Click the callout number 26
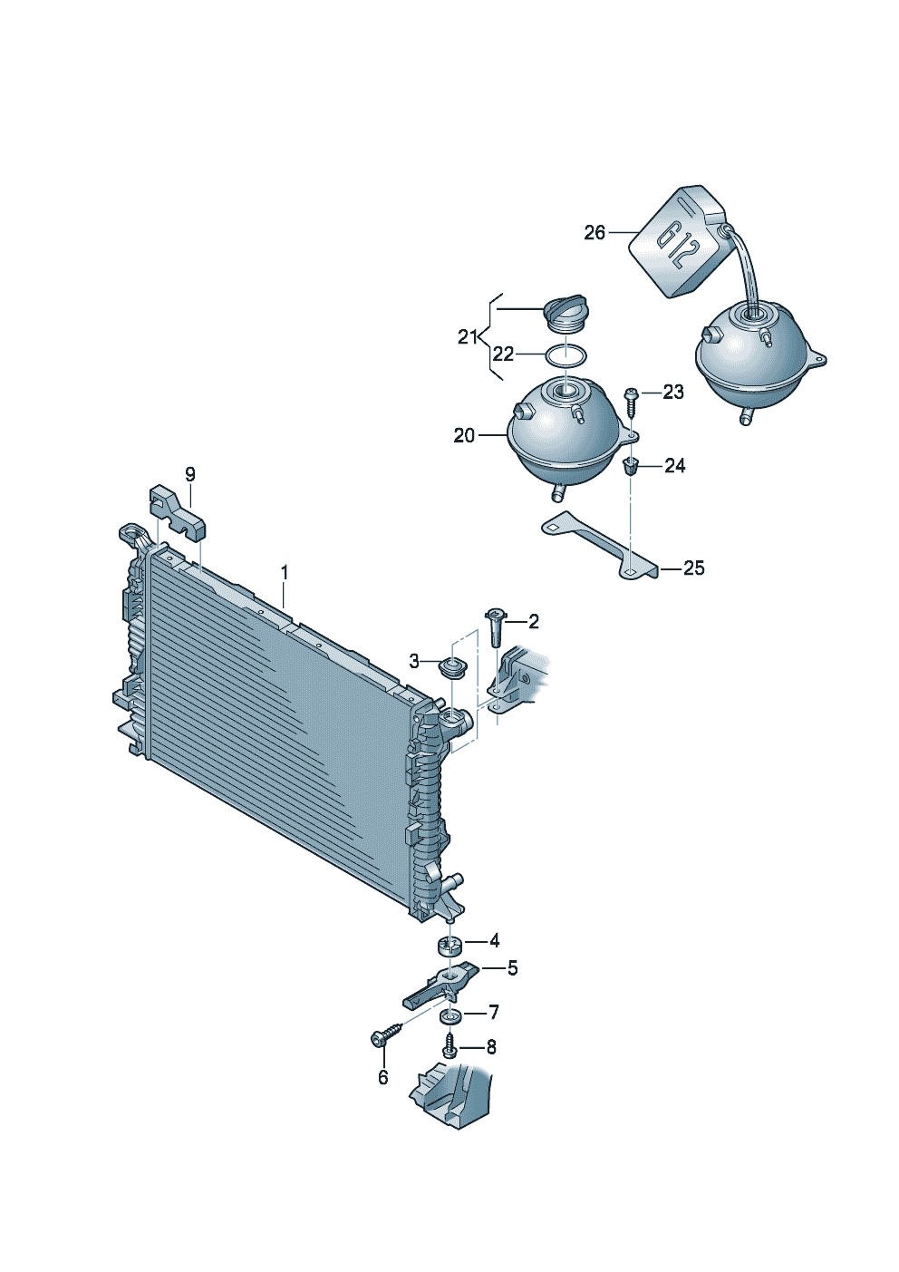point(594,233)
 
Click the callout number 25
point(693,568)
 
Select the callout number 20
point(464,435)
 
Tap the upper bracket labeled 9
point(178,512)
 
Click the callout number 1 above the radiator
point(285,572)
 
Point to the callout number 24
point(675,466)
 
